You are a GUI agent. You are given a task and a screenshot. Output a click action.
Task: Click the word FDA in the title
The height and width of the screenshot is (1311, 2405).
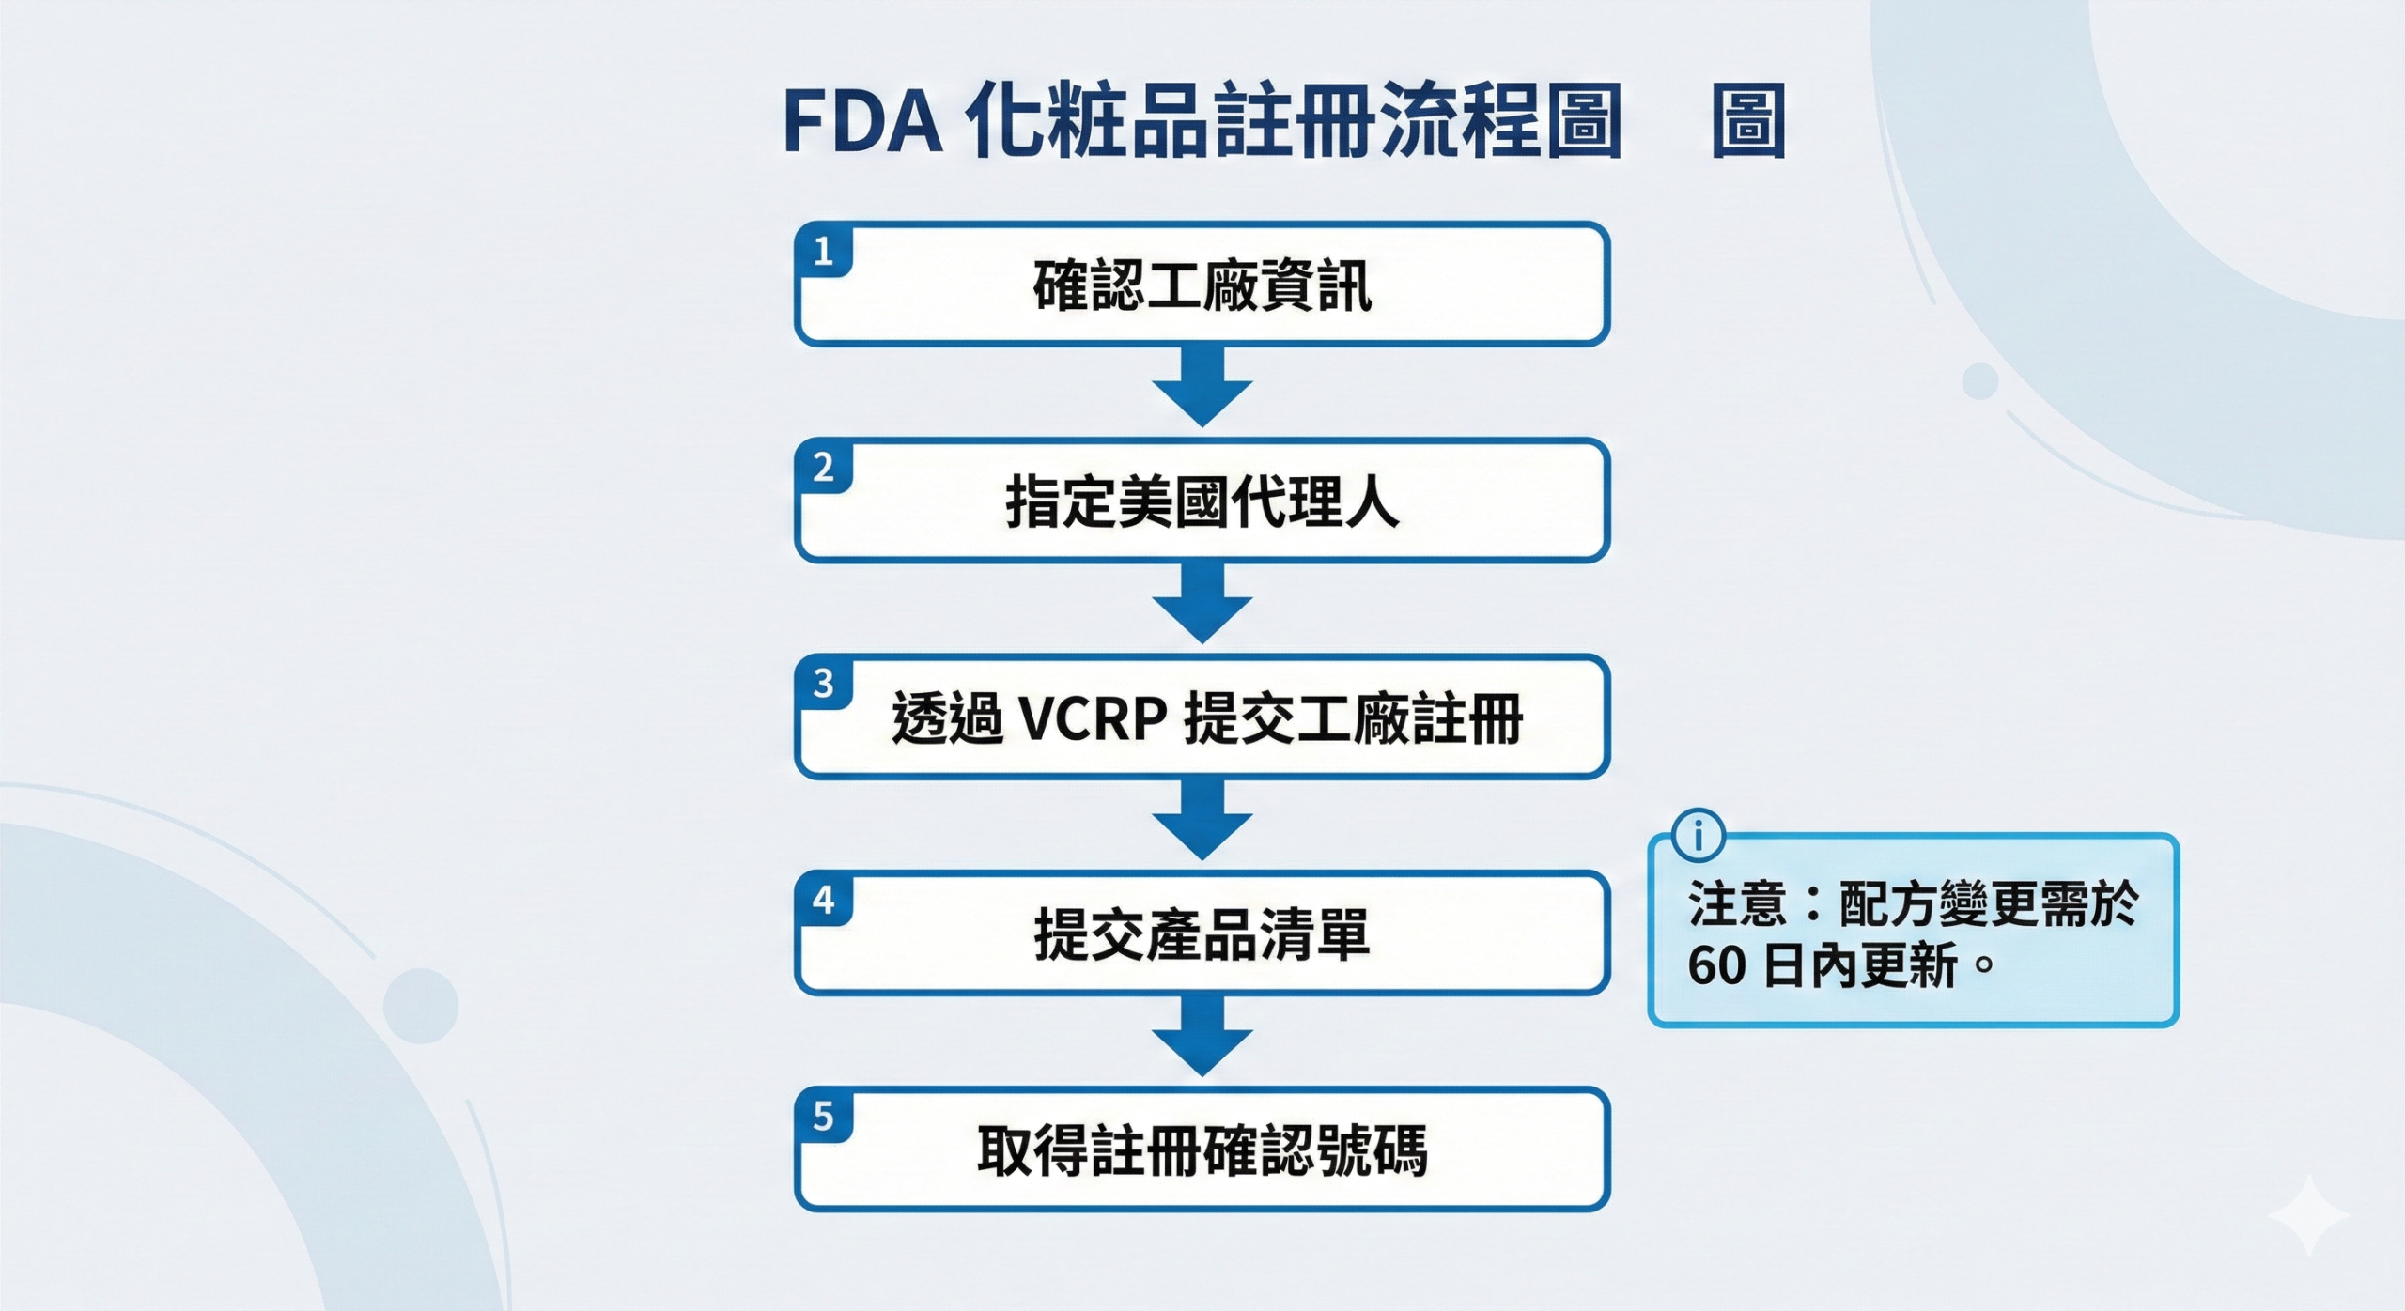[x=862, y=123]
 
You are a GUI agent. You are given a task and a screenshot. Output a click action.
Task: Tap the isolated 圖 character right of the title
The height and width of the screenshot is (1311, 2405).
[x=1747, y=123]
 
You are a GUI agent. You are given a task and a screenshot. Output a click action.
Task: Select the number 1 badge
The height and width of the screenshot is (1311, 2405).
[x=824, y=251]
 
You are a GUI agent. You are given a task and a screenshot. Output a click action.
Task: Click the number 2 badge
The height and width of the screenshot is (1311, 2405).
[x=824, y=467]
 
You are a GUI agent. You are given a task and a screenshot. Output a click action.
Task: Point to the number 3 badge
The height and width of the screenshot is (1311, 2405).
[x=824, y=683]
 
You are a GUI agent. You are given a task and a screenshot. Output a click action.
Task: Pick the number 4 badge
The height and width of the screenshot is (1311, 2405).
[x=824, y=900]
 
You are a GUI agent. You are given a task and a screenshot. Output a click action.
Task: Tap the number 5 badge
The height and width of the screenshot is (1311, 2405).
[x=824, y=1116]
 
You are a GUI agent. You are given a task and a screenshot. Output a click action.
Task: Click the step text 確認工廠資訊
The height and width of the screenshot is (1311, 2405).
[x=1202, y=285]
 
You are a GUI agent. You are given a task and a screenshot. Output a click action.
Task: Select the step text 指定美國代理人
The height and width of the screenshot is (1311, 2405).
[x=1202, y=501]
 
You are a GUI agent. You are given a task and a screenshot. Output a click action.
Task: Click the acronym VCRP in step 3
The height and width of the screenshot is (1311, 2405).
[x=1093, y=719]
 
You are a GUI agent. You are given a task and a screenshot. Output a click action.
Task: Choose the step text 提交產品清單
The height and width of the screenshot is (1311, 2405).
[x=1202, y=934]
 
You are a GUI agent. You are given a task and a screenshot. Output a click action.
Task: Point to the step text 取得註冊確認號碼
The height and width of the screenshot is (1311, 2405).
[x=1202, y=1150]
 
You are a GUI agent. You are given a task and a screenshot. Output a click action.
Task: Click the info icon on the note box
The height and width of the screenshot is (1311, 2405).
[x=1699, y=834]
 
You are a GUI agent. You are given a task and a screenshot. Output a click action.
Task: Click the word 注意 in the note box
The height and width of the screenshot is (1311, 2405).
[x=1736, y=903]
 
